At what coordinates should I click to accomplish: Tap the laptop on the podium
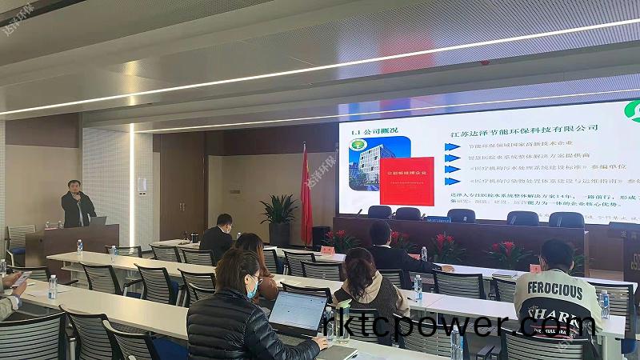[x=97, y=221]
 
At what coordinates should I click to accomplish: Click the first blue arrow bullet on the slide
[x=453, y=147]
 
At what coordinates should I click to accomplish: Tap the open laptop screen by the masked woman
[x=297, y=312]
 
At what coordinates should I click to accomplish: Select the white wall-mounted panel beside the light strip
[x=142, y=184]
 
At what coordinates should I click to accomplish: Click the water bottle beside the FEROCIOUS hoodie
[x=605, y=304]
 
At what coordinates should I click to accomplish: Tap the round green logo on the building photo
[x=355, y=146]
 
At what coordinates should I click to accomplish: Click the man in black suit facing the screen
[x=218, y=238]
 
